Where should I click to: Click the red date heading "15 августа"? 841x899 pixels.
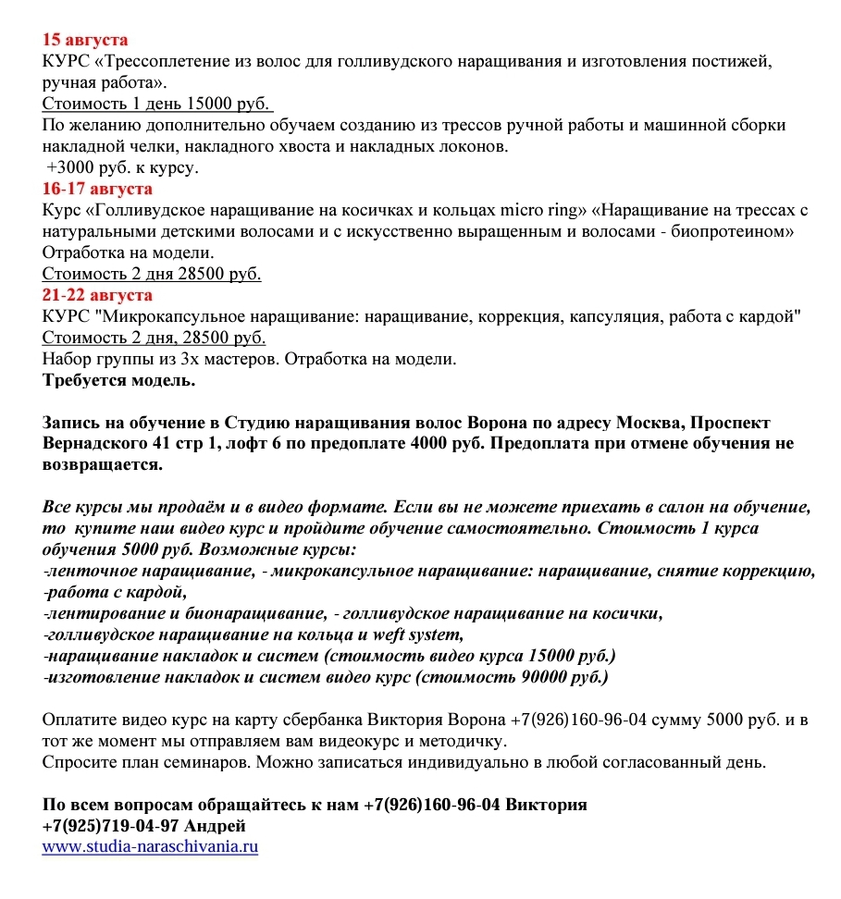point(85,41)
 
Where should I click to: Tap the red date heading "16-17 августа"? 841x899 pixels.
point(97,189)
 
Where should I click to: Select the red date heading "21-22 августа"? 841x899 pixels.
point(97,295)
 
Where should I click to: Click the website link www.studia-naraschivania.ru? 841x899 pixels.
point(150,846)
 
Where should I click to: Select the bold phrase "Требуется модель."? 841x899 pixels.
point(118,380)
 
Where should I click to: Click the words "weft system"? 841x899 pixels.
point(416,634)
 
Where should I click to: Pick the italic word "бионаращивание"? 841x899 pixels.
point(248,613)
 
